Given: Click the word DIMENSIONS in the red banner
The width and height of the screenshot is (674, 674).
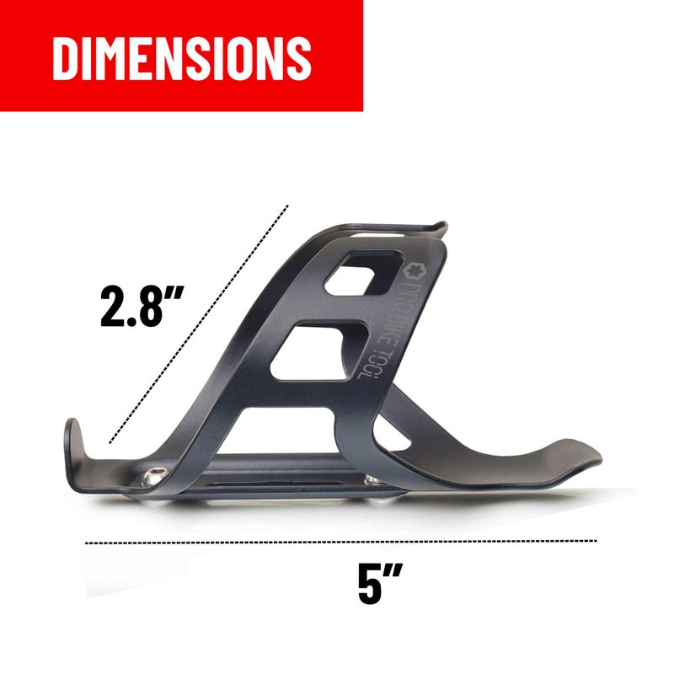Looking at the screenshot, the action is [x=182, y=58].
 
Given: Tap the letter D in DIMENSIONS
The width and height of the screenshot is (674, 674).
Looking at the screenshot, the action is [x=66, y=58].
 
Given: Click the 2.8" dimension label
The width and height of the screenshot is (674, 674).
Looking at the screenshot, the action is [x=142, y=306].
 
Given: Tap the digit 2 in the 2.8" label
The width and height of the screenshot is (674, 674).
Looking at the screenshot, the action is [x=114, y=306].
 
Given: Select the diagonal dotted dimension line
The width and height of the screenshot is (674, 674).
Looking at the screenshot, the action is [x=199, y=324].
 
